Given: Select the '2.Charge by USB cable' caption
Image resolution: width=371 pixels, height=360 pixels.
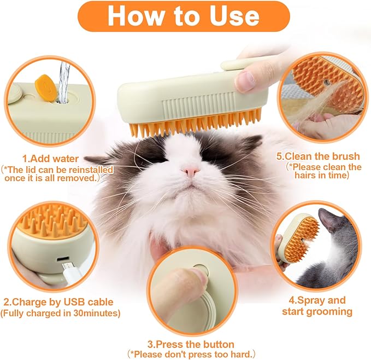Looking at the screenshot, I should pyautogui.click(x=58, y=301).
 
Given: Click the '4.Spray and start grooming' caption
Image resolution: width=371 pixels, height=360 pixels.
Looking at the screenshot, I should pyautogui.click(x=317, y=306).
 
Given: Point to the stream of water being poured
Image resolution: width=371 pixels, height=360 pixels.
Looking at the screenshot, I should pyautogui.click(x=64, y=82).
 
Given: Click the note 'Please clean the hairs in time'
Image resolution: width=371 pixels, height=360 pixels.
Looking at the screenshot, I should pyautogui.click(x=324, y=171).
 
